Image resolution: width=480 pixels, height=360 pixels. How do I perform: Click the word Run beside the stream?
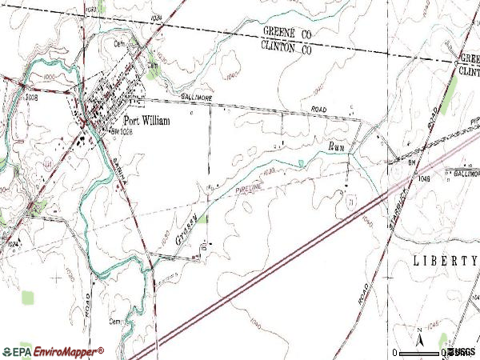coord(338,146)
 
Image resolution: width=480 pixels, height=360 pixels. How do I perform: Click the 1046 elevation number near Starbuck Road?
coord(423,180)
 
